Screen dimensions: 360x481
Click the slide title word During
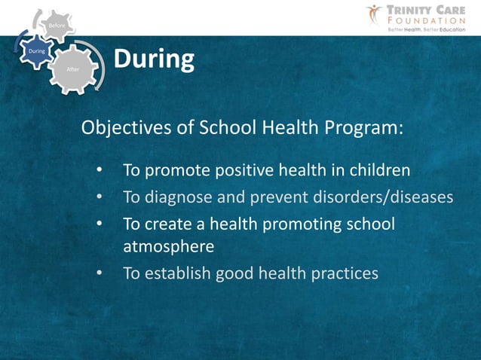(154, 59)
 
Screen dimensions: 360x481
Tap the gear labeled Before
(57, 26)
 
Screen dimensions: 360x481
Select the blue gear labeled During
(35, 52)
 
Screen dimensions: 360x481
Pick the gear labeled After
(73, 69)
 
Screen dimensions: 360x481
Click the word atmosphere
(169, 246)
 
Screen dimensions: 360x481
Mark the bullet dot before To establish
(99, 273)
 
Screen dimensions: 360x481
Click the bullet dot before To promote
(99, 171)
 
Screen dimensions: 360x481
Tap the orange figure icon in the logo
(375, 14)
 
